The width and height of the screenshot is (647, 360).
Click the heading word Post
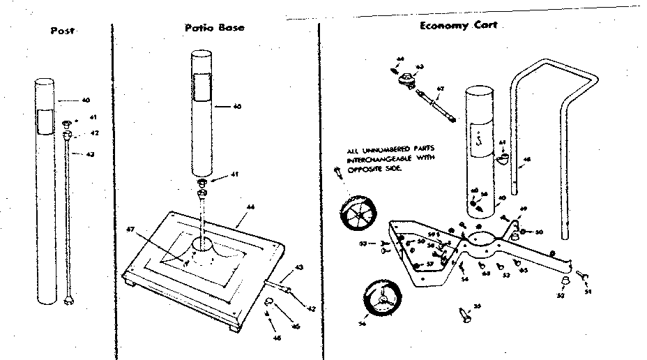coord(63,31)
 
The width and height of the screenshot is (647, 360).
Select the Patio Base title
coord(214,28)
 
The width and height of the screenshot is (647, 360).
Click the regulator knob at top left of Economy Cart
coord(404,79)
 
